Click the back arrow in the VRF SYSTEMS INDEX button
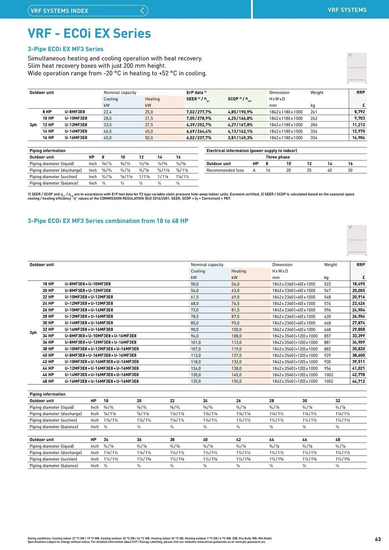click(142, 11)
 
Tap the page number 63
click(378, 539)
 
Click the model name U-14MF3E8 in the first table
click(76, 131)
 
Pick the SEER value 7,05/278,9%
click(199, 118)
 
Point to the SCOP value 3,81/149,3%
click(240, 138)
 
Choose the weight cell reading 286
click(314, 125)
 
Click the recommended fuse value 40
click(329, 170)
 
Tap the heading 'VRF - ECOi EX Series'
click(89, 33)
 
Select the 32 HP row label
click(48, 329)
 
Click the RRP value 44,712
click(358, 381)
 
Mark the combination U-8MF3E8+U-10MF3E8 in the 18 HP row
click(87, 284)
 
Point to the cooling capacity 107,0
click(196, 349)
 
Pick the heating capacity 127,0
click(236, 355)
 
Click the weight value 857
click(327, 336)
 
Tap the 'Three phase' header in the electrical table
click(277, 157)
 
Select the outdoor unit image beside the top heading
click(357, 68)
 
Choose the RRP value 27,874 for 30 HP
click(358, 323)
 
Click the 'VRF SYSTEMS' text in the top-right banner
click(347, 10)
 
